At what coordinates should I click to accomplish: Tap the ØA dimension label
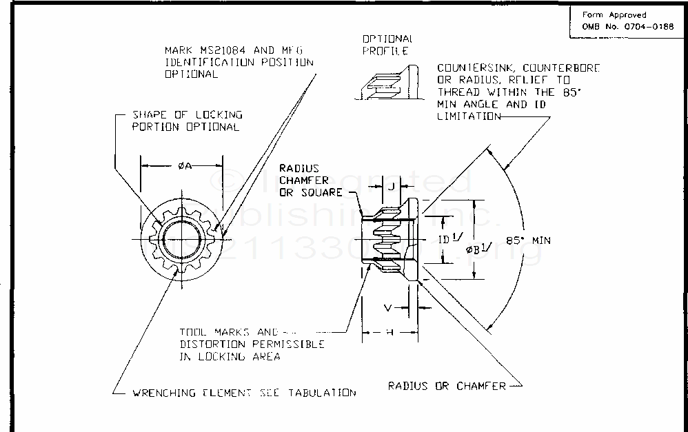point(182,165)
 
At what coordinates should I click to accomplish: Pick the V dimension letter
point(389,307)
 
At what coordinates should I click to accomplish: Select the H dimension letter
point(389,333)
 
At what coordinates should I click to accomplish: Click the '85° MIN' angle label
point(532,240)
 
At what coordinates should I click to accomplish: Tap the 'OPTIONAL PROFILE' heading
point(387,45)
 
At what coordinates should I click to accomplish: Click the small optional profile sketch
point(388,82)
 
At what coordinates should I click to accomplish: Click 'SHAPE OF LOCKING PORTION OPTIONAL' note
point(187,121)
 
